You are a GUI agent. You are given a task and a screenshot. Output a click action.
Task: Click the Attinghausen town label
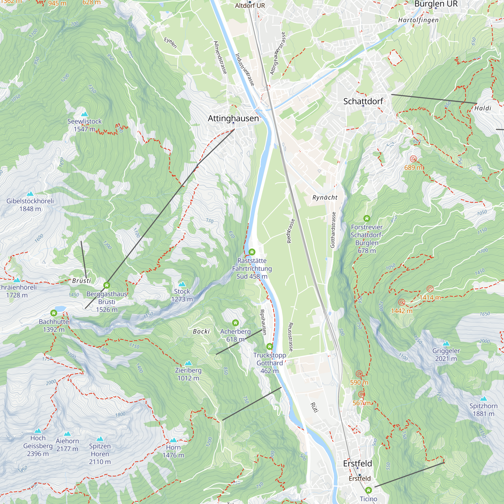click(x=233, y=118)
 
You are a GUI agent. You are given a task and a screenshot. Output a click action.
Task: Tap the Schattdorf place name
click(x=363, y=101)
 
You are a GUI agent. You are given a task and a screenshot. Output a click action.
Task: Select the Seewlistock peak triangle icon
click(x=84, y=114)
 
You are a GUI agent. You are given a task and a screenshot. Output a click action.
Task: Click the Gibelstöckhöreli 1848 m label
click(x=30, y=205)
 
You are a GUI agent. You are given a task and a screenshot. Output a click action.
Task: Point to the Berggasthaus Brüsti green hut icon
click(x=106, y=285)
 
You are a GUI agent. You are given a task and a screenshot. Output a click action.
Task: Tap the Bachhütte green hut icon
click(x=54, y=313)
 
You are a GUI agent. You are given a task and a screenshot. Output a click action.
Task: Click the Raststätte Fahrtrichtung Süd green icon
click(x=252, y=252)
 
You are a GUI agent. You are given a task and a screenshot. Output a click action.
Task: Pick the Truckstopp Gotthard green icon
click(x=269, y=346)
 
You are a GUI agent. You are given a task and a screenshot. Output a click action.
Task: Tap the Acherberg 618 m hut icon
click(x=235, y=323)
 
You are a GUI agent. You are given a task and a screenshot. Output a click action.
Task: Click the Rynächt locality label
click(x=325, y=198)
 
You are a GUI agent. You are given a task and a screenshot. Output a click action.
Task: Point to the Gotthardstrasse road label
click(x=333, y=230)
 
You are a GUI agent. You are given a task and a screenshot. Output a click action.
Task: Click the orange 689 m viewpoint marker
click(x=413, y=159)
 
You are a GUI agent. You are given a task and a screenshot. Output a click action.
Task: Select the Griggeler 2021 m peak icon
click(x=446, y=343)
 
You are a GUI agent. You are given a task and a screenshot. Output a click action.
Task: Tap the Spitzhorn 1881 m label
click(x=483, y=409)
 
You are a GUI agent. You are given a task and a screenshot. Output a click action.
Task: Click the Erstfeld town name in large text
click(x=357, y=463)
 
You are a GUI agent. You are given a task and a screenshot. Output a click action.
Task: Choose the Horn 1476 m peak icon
click(x=173, y=440)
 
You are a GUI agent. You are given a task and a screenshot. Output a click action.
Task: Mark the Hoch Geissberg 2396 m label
click(x=38, y=446)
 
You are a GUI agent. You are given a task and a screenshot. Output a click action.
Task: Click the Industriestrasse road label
click(x=244, y=69)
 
